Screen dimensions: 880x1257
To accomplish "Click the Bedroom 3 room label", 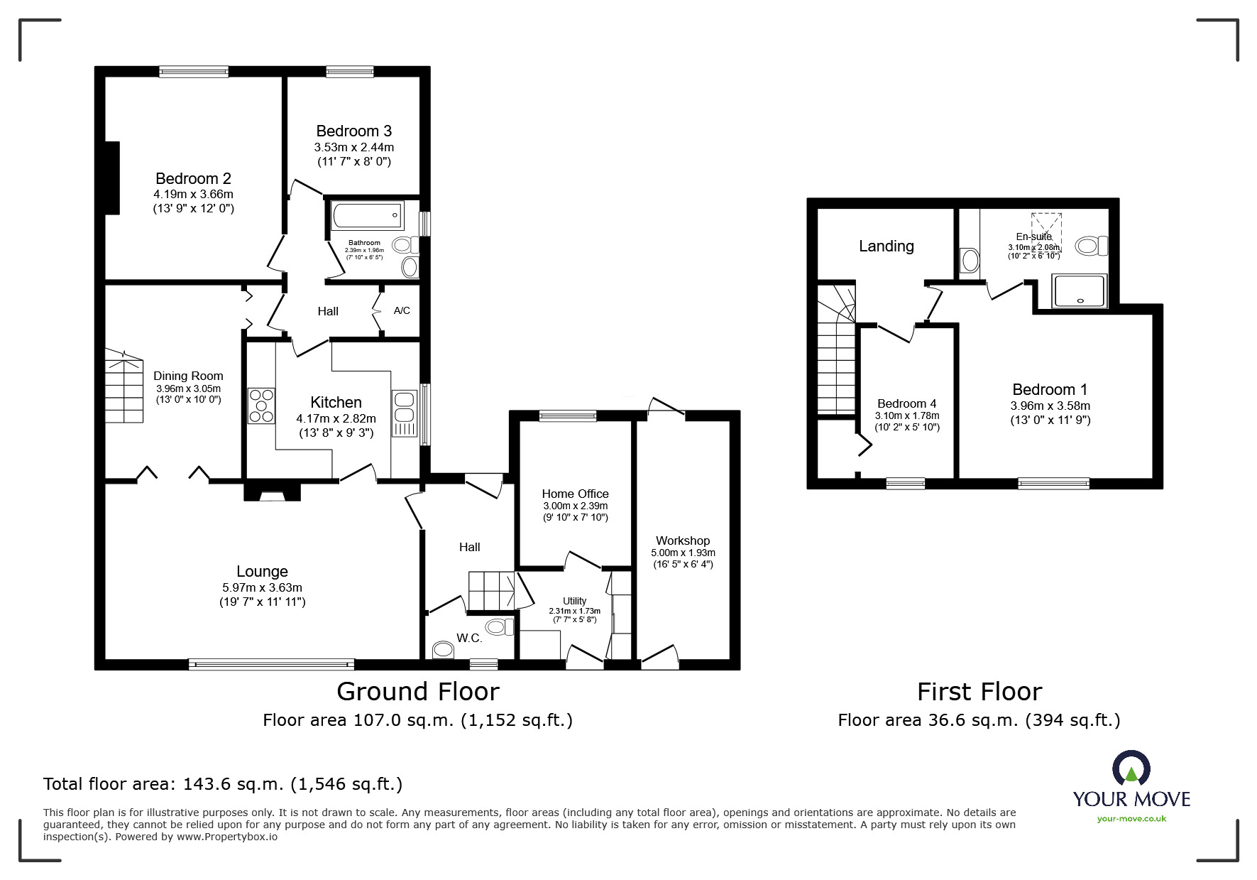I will coord(353,131).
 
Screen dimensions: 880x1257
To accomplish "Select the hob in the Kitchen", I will coord(260,406).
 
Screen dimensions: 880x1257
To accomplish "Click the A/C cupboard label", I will coord(402,311).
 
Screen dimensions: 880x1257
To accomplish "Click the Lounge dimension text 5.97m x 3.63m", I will coord(262,587).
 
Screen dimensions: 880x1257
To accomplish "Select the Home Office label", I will coord(575,494).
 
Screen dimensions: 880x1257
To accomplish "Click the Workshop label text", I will coord(682,541).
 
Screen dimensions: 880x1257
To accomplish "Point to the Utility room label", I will coord(574,601).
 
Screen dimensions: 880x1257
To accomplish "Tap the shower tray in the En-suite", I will coord(1080,291).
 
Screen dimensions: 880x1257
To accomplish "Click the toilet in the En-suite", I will coord(1091,246).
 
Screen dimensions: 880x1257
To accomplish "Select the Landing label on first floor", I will coord(886,246).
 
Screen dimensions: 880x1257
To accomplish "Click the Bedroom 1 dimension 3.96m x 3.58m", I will coord(1050,406).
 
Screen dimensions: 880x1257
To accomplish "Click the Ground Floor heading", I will coord(417,691).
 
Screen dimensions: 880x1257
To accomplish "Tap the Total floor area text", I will coord(223,784).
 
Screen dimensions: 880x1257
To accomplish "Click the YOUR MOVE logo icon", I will coord(1131,769).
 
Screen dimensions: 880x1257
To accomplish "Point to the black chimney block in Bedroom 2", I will coord(111,178).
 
